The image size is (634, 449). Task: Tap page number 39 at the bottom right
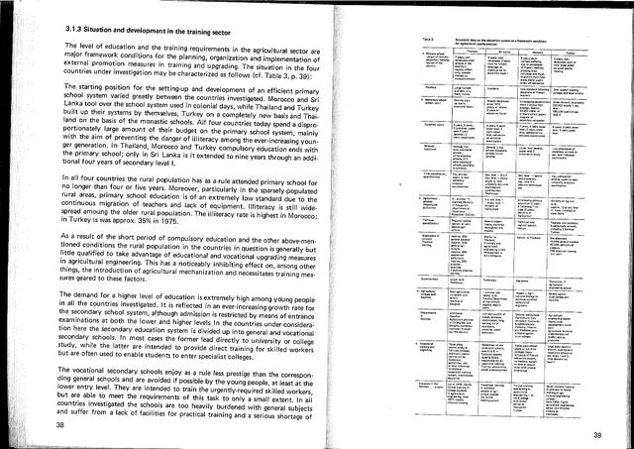point(597,432)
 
